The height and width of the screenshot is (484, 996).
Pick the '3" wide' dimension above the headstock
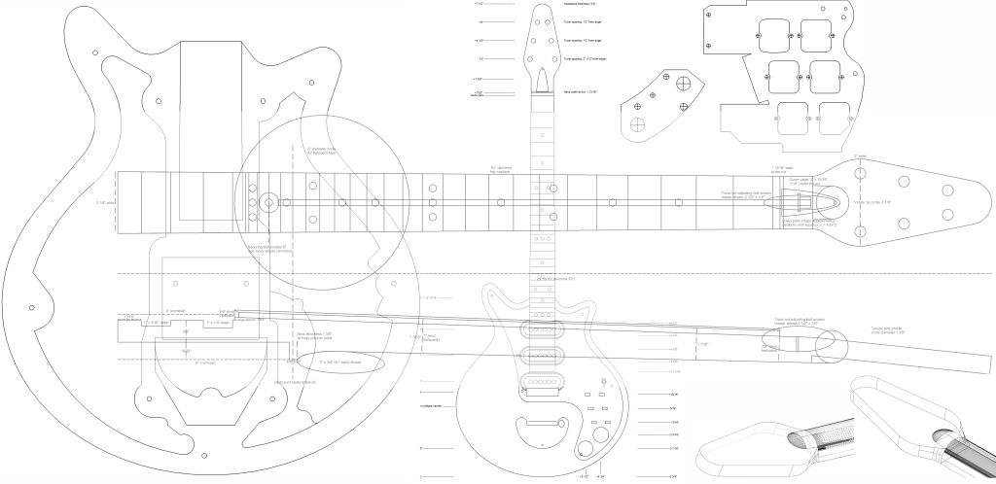coord(860,156)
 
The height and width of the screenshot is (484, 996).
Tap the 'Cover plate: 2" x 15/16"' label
coord(807,181)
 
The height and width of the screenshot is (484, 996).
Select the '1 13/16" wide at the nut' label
coord(784,168)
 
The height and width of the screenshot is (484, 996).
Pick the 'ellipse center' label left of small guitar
coord(429,405)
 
